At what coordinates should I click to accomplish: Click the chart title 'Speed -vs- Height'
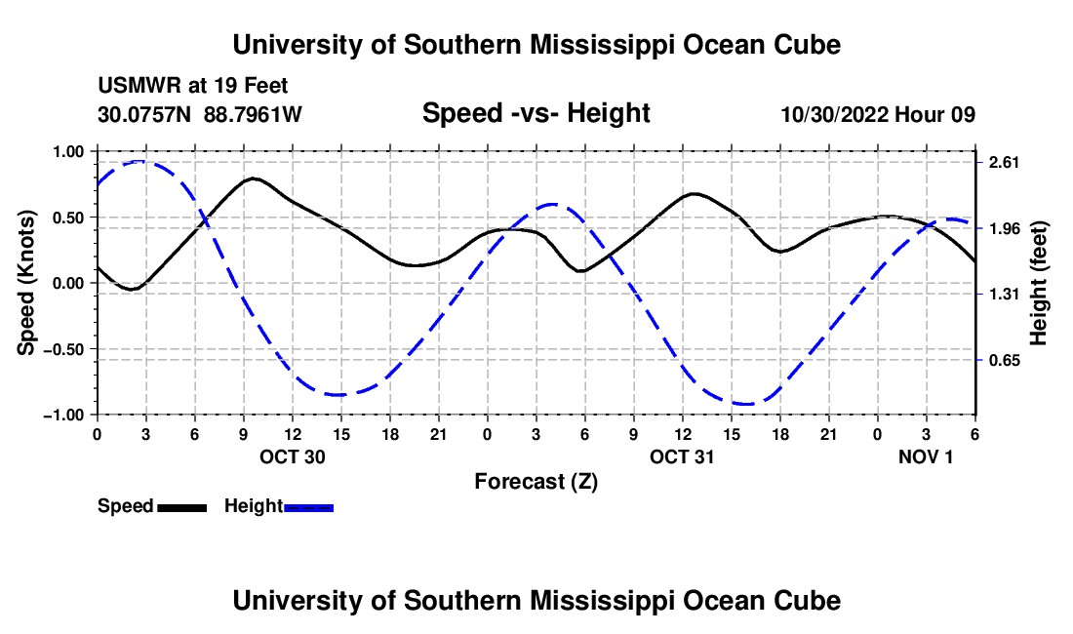[536, 113]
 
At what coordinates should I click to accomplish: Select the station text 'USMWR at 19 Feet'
[192, 87]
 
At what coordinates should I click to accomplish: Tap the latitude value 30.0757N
[146, 114]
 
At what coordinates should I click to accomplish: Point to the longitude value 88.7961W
[253, 114]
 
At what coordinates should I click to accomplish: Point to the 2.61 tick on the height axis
[1003, 163]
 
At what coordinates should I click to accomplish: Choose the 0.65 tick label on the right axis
[1003, 361]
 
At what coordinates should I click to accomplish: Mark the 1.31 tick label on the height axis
[1003, 295]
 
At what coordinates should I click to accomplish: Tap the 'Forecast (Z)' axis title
[536, 481]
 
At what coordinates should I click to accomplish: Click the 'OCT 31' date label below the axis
[683, 456]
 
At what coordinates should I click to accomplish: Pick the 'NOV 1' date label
[926, 456]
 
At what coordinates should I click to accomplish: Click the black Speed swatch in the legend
[181, 506]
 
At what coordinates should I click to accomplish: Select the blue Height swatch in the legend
[308, 506]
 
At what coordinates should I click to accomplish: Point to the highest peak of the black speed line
[254, 178]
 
